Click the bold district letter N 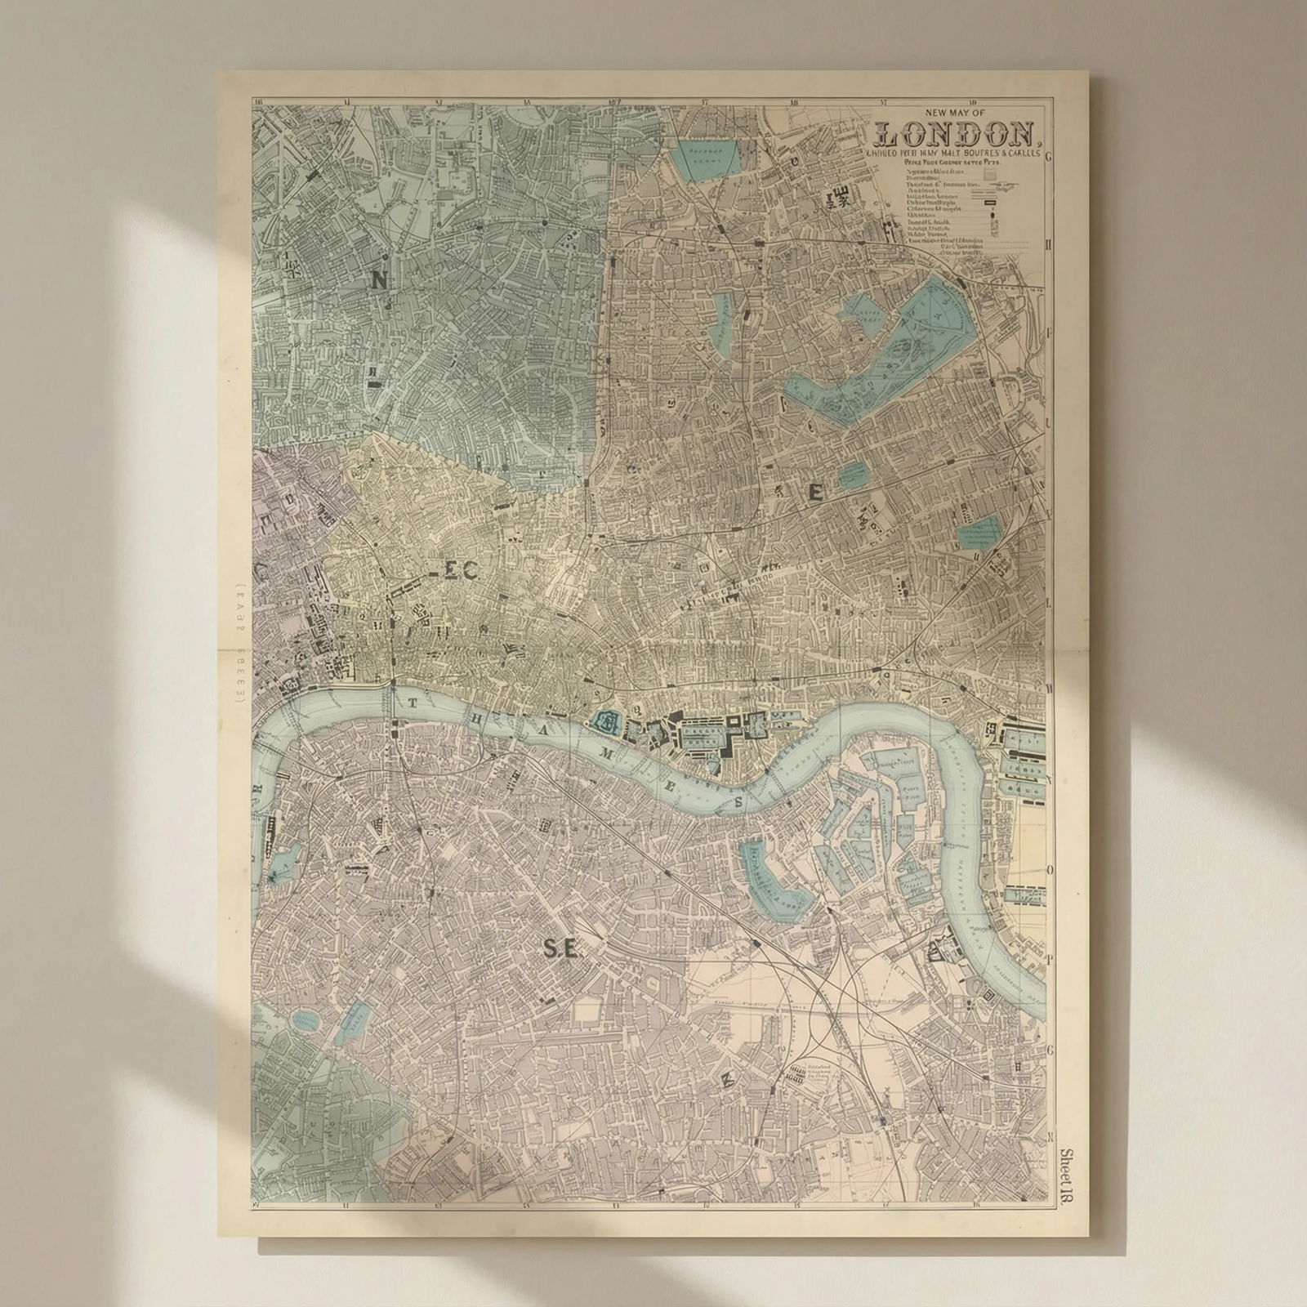click(x=379, y=281)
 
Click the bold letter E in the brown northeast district click(x=814, y=491)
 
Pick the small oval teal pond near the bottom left click(x=305, y=1019)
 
